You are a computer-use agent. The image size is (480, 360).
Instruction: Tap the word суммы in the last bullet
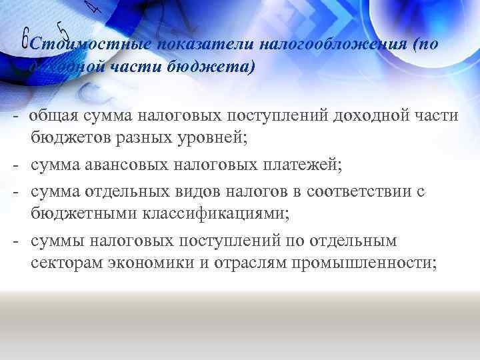coord(55,241)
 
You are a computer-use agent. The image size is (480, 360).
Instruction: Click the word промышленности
coord(361,263)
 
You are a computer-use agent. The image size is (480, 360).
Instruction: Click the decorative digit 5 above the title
coord(63,29)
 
